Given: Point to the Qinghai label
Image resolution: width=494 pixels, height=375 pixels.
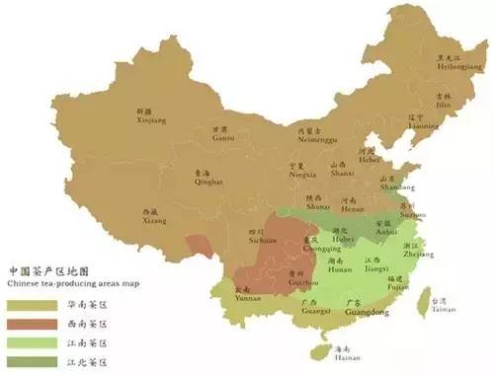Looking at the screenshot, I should (x=208, y=182).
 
